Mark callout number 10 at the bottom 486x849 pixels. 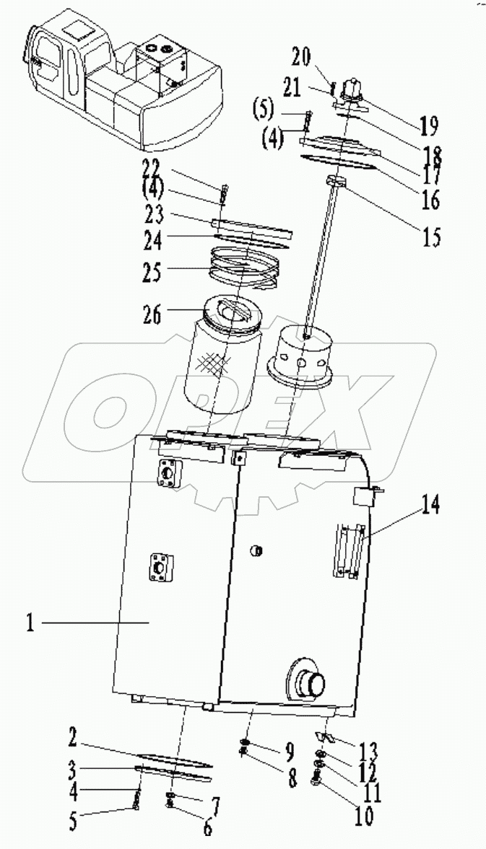[x=364, y=817]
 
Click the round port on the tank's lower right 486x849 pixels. [x=308, y=680]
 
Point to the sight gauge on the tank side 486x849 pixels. [x=347, y=551]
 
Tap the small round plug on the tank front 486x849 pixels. [x=254, y=551]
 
